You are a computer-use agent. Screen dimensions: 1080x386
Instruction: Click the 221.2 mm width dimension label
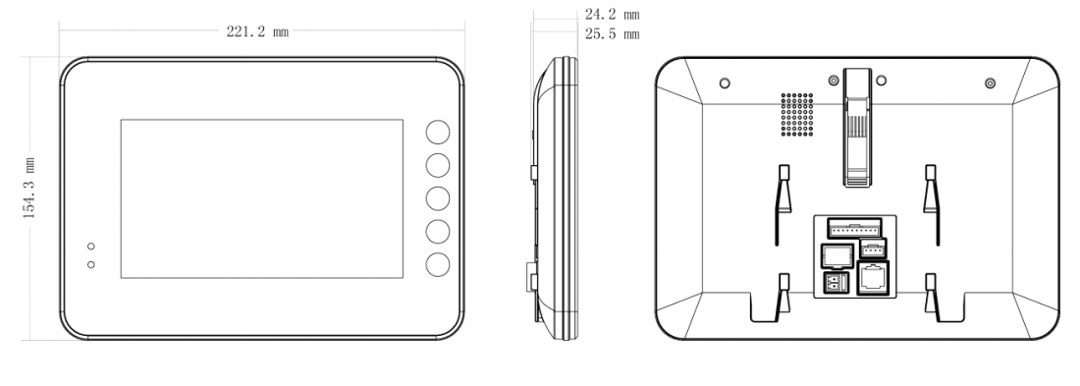click(257, 31)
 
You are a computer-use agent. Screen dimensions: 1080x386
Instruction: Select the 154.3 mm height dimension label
click(29, 189)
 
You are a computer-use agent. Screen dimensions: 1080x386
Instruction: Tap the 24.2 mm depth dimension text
click(613, 14)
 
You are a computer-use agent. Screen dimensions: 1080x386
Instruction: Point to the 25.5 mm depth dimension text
click(613, 33)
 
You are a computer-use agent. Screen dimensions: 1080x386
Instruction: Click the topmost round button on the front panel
click(437, 132)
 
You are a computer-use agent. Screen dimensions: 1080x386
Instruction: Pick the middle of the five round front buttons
click(437, 198)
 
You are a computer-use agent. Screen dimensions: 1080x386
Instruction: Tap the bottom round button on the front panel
click(437, 264)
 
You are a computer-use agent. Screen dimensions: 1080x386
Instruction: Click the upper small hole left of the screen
click(91, 247)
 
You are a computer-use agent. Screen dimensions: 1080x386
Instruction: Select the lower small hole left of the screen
click(91, 264)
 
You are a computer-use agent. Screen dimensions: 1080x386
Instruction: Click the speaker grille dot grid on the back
click(797, 114)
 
